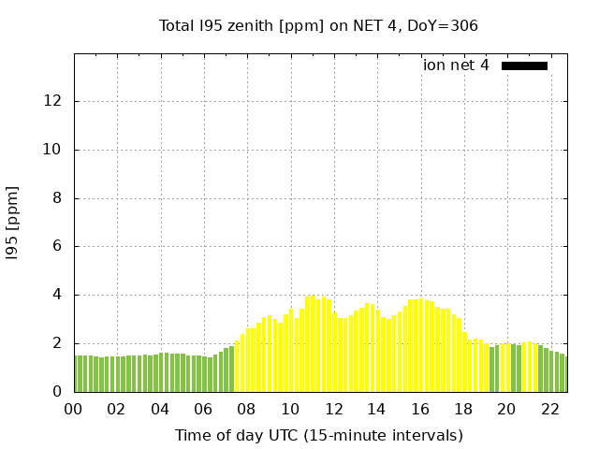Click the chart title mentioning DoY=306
pyautogui.click(x=318, y=25)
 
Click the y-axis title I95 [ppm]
pyautogui.click(x=13, y=223)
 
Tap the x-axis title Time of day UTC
pyautogui.click(x=318, y=435)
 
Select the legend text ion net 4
pyautogui.click(x=456, y=65)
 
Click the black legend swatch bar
pyautogui.click(x=524, y=65)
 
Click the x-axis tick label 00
pyautogui.click(x=73, y=409)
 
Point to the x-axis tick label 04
pyautogui.click(x=160, y=409)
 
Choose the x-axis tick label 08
pyautogui.click(x=247, y=409)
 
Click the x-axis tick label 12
pyautogui.click(x=333, y=409)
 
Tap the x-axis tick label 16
pyautogui.click(x=420, y=409)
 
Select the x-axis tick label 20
pyautogui.click(x=506, y=409)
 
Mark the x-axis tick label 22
pyautogui.click(x=549, y=409)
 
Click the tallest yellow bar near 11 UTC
pyautogui.click(x=313, y=344)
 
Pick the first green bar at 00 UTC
pyautogui.click(x=77, y=374)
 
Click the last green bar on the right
pyautogui.click(x=562, y=374)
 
